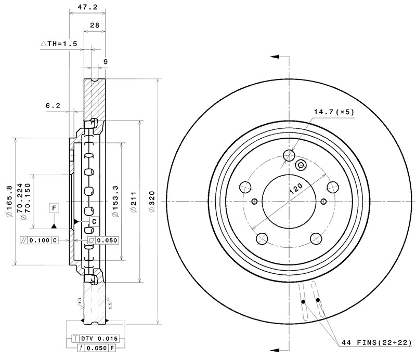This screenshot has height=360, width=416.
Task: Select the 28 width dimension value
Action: click(x=95, y=25)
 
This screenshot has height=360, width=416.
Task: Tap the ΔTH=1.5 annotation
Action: click(x=59, y=44)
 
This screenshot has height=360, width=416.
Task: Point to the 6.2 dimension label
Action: click(x=53, y=105)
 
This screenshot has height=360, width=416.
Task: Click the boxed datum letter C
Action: click(x=94, y=222)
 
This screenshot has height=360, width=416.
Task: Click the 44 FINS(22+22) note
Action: click(x=376, y=342)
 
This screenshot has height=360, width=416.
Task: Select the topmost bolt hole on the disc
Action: click(x=289, y=155)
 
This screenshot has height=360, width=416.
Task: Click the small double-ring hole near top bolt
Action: click(x=300, y=165)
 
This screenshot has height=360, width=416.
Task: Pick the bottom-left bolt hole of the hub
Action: click(x=263, y=238)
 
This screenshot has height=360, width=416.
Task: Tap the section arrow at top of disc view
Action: click(x=276, y=56)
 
